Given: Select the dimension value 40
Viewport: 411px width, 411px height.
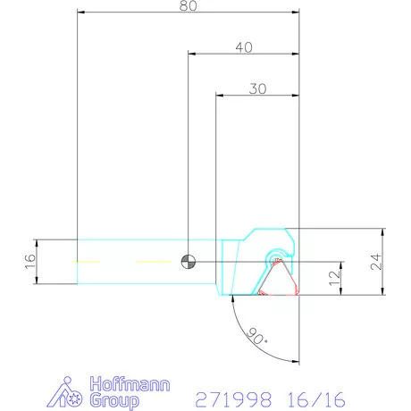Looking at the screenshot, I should point(244,46).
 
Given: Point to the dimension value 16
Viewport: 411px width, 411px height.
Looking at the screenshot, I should point(29,261).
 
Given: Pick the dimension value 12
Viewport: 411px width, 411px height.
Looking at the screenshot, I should point(334,278).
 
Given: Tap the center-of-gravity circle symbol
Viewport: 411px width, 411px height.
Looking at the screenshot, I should point(188,261).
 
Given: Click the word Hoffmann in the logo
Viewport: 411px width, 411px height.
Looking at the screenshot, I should point(122,386).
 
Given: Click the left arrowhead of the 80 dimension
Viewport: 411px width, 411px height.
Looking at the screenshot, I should point(81,13).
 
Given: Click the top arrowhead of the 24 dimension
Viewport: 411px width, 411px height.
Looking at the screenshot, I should point(382,231).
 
